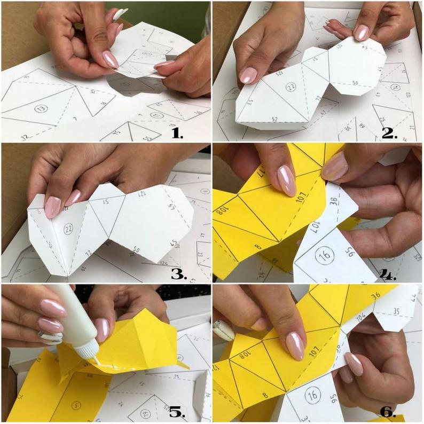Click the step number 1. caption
pos(177,131)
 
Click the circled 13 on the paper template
pos(41,108)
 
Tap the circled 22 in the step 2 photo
pos(290,87)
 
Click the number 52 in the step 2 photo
pos(274,119)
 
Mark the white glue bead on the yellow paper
pos(114,364)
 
